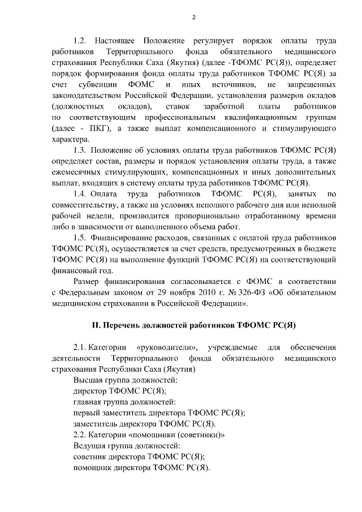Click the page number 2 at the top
[193, 17]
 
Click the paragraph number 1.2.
[80, 41]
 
